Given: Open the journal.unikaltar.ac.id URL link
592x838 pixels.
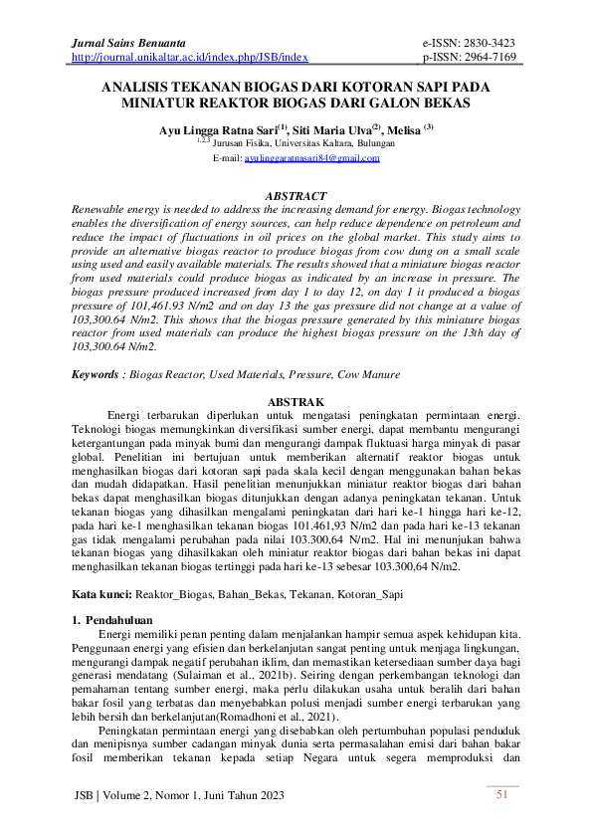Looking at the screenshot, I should (190, 58).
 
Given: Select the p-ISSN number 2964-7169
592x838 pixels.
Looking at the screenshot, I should (482, 58).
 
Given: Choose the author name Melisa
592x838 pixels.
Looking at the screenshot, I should (400, 129).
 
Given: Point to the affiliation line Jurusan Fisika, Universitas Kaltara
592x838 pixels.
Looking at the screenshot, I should (310, 143).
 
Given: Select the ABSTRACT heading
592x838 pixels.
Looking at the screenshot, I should (296, 196).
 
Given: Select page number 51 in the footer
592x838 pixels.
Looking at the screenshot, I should (501, 794).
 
